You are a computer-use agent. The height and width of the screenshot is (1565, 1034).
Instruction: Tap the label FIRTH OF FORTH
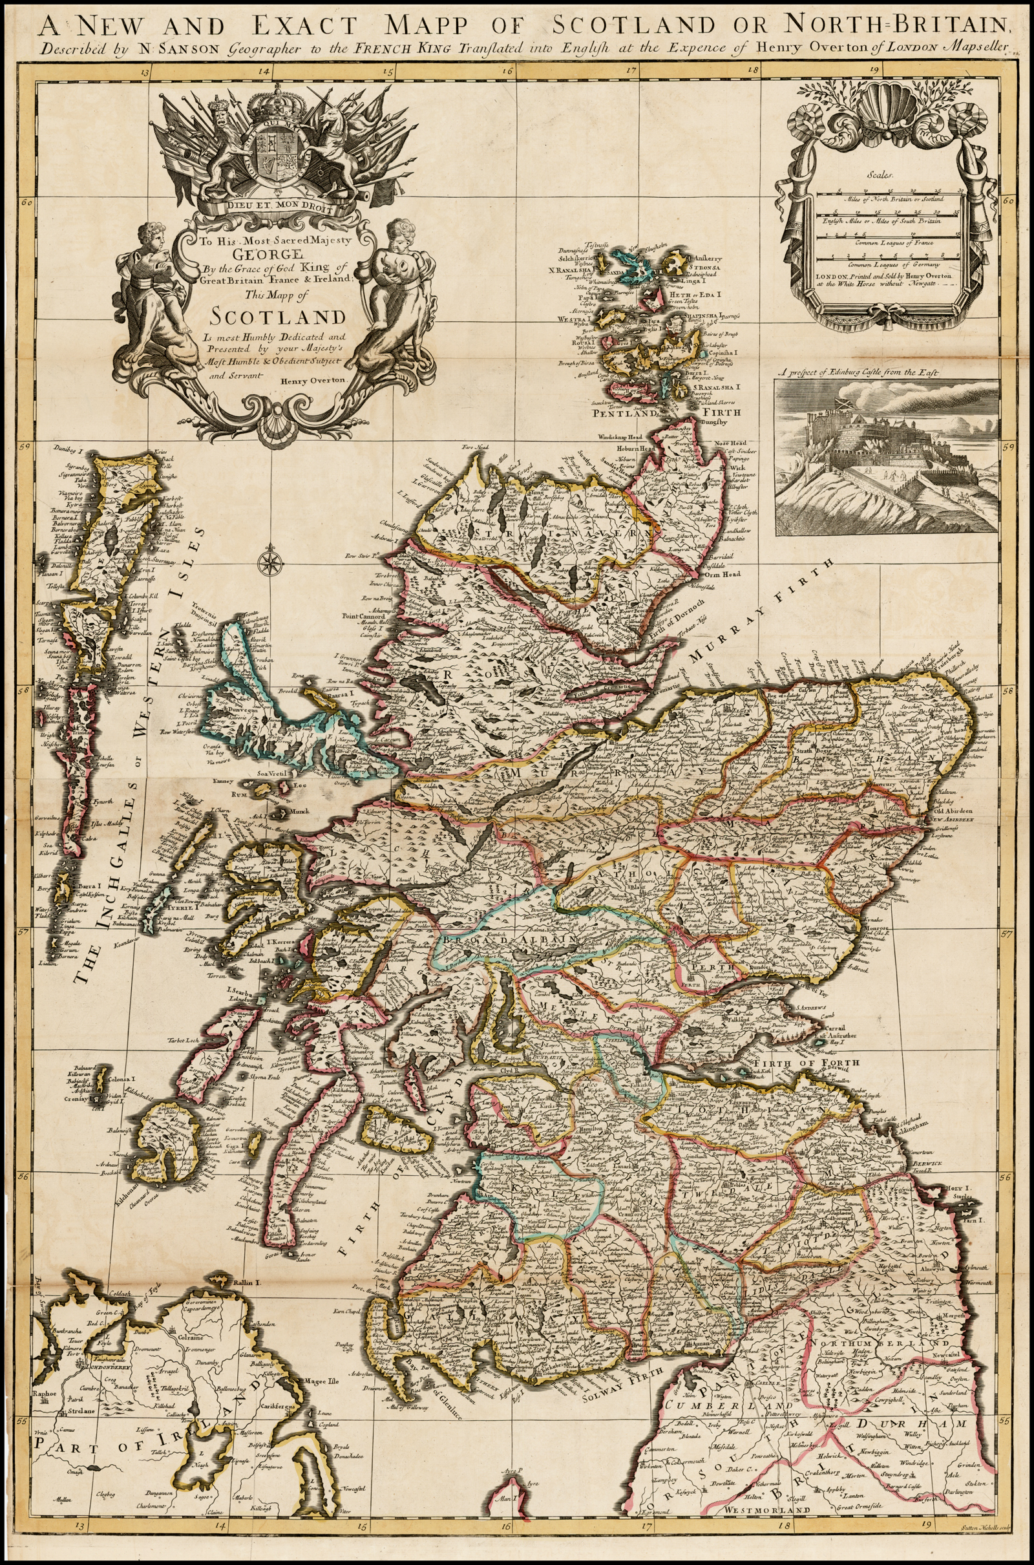pyautogui.click(x=807, y=1063)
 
